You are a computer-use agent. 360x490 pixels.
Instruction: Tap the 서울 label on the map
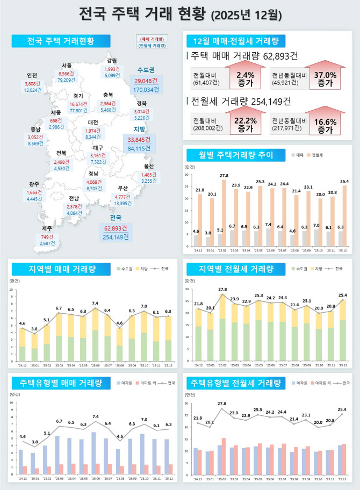[x=66, y=66]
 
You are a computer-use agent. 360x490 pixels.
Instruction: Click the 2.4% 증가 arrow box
[x=244, y=79]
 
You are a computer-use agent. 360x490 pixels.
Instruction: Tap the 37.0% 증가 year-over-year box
[x=325, y=79]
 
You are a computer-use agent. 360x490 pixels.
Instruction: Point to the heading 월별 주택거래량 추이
[x=229, y=155]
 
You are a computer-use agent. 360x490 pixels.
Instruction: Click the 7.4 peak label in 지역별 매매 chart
[x=95, y=304]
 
